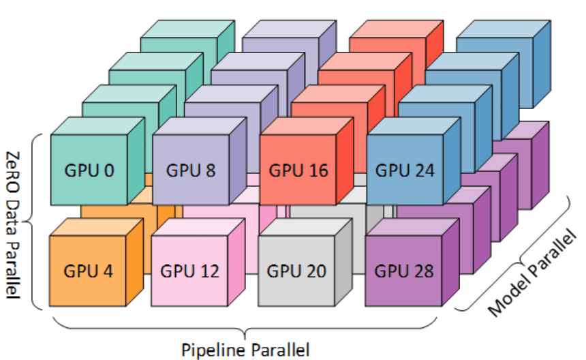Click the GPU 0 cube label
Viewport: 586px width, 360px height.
(x=89, y=170)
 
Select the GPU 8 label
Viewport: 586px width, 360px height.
(x=191, y=170)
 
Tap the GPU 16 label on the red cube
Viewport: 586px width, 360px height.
(x=298, y=170)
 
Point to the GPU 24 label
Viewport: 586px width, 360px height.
(x=405, y=170)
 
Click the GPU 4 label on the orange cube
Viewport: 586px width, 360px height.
(x=88, y=271)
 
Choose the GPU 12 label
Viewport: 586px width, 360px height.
(x=190, y=271)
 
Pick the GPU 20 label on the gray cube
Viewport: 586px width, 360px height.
(x=296, y=271)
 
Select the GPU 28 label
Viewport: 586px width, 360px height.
(x=404, y=271)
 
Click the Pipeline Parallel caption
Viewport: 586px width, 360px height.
(x=245, y=350)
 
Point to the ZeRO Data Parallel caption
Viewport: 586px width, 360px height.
(x=13, y=225)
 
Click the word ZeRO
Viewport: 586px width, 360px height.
(x=13, y=172)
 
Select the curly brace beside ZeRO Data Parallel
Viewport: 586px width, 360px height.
(x=32, y=222)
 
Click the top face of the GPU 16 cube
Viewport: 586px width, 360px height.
(x=307, y=126)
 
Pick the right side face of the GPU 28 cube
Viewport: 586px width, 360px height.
(x=450, y=262)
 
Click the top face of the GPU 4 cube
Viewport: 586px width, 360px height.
(x=97, y=227)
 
